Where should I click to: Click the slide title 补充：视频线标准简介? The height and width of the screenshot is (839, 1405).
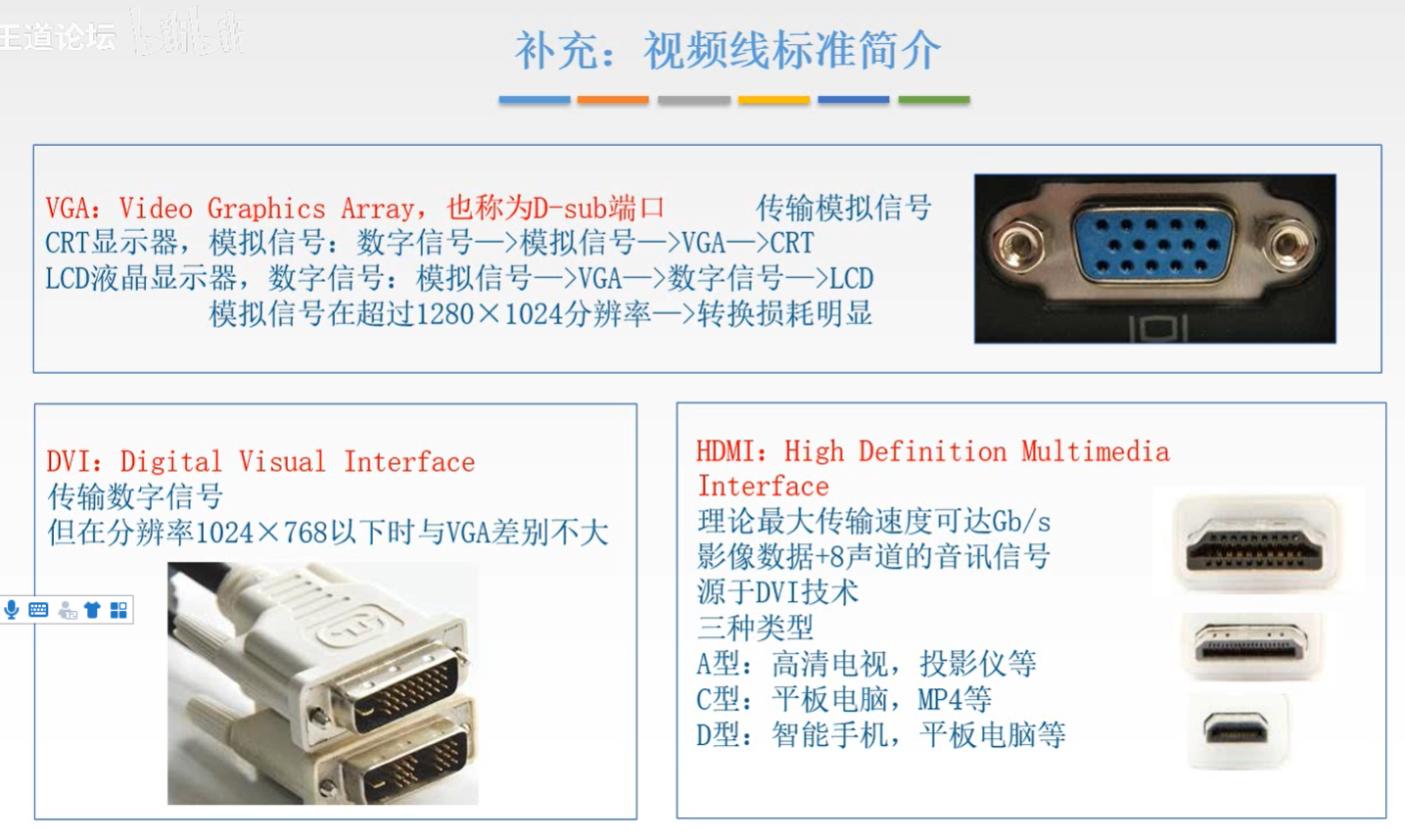(728, 50)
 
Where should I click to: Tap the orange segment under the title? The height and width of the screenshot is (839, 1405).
(613, 100)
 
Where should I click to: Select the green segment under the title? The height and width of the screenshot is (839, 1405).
(934, 100)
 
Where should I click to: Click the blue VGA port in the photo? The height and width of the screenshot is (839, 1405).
(1152, 247)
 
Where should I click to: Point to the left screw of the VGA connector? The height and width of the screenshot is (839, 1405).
(1019, 246)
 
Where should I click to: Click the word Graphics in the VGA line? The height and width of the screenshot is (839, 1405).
(266, 209)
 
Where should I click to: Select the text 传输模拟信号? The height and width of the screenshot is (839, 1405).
(844, 208)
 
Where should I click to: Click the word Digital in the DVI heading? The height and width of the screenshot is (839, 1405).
(170, 462)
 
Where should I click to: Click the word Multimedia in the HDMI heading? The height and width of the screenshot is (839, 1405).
(1096, 452)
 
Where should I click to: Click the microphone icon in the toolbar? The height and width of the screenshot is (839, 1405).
(12, 610)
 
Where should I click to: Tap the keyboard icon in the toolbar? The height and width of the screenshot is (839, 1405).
(38, 610)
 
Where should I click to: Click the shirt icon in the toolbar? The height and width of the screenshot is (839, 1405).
(92, 610)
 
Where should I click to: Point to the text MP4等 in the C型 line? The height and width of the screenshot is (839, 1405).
(955, 700)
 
